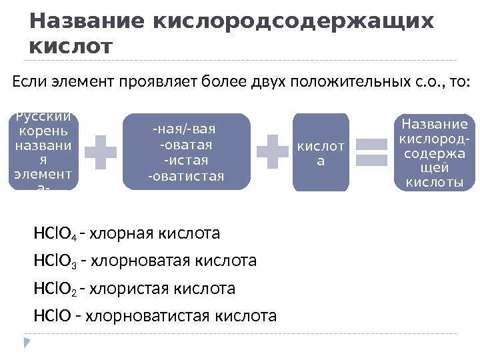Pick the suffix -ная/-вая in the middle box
coord(185,129)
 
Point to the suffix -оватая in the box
coord(185,145)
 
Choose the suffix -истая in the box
coord(185,161)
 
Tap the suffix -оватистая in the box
coord(185,177)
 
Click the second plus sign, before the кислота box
coord(271,152)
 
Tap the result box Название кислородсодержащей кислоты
coord(433,153)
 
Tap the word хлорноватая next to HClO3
coord(133,261)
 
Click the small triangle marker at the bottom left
coord(27,343)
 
